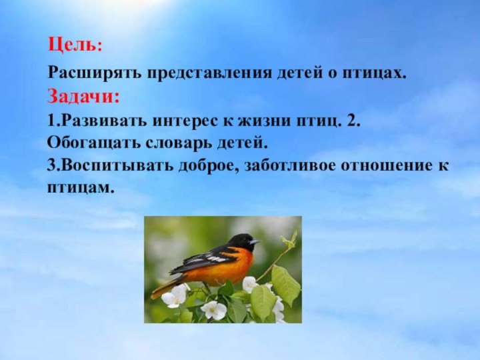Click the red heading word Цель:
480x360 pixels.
tap(75, 45)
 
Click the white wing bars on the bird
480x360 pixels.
tap(212, 257)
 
